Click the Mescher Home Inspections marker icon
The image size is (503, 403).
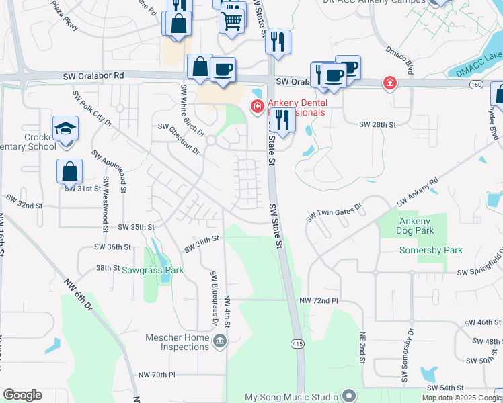tap(219, 342)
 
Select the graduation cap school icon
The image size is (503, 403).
tap(66, 128)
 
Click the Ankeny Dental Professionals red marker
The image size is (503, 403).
tap(256, 106)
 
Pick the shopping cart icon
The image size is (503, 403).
tap(232, 19)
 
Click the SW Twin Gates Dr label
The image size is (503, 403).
tap(334, 212)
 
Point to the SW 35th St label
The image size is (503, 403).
tap(137, 228)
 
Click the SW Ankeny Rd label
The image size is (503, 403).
tap(417, 192)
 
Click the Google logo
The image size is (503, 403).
tap(22, 395)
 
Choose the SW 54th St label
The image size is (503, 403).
tap(446, 388)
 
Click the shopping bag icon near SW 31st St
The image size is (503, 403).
tap(70, 172)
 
